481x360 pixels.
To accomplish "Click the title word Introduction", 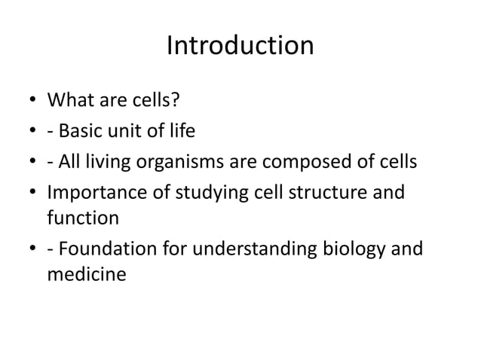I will click(x=240, y=47).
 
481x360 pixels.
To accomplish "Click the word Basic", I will click(x=83, y=132).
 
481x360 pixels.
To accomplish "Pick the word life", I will click(x=181, y=132).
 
